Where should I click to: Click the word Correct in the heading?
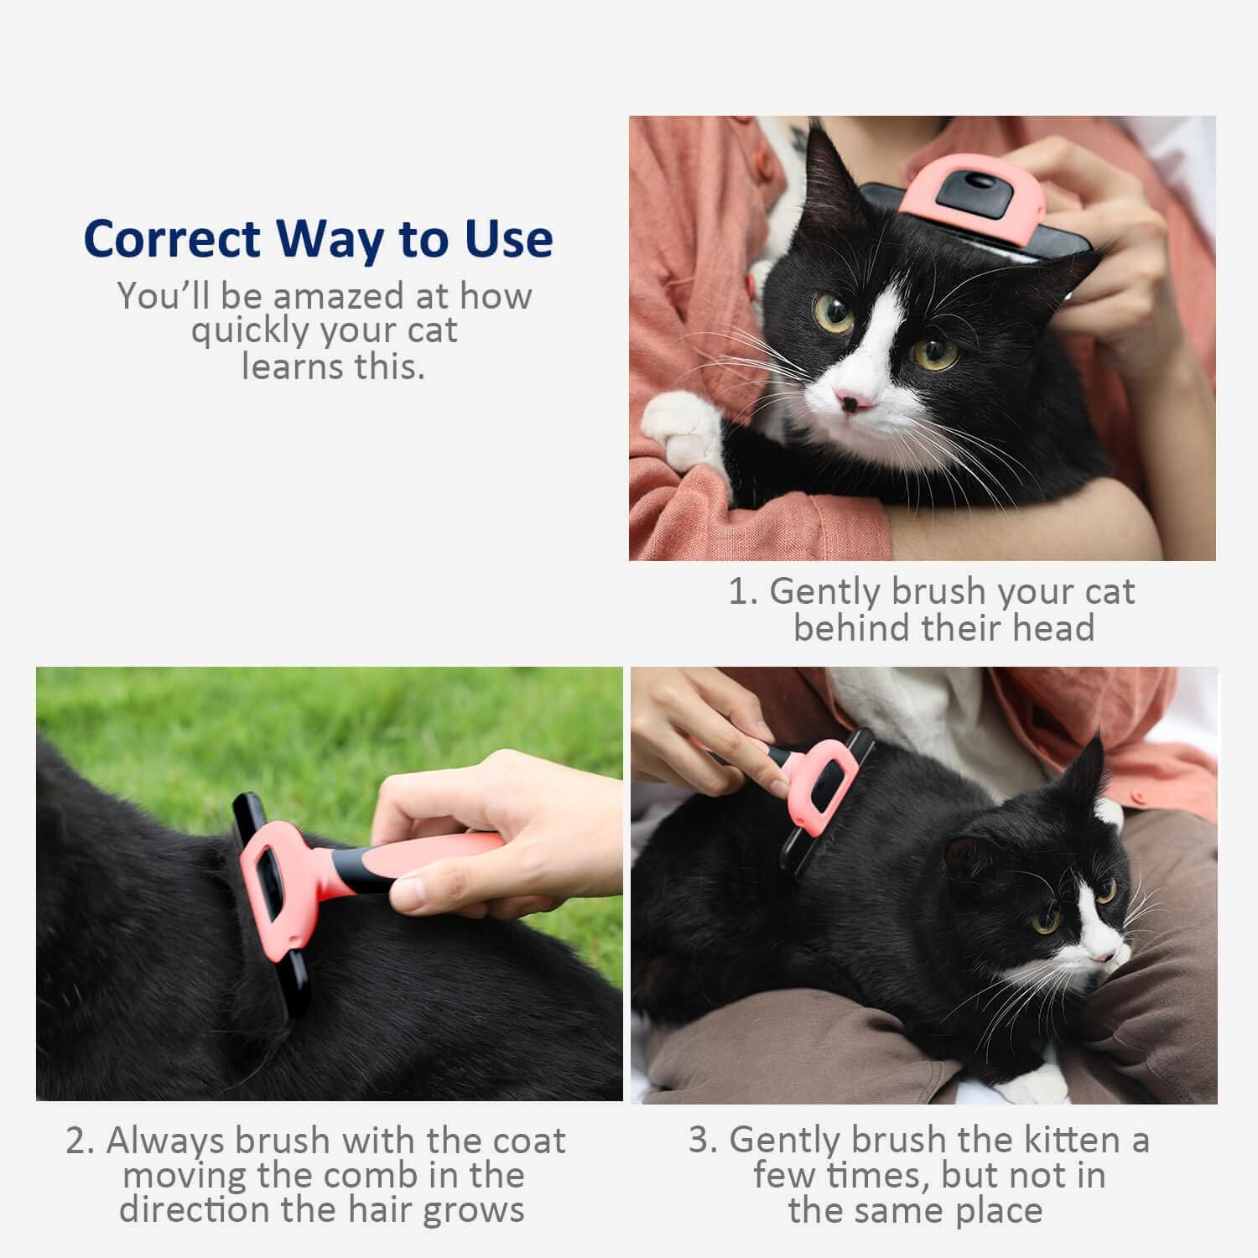(172, 239)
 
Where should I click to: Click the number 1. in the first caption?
(742, 592)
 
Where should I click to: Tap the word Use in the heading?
(508, 239)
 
